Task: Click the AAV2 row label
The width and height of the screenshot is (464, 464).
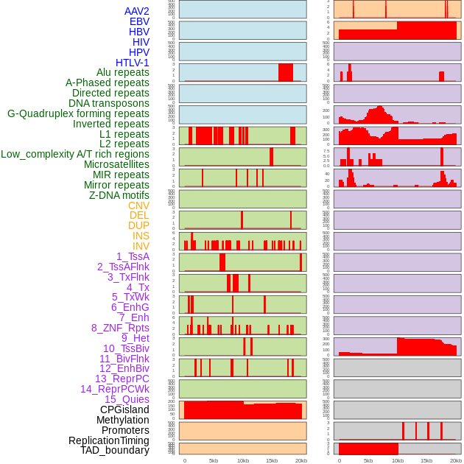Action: pos(136,11)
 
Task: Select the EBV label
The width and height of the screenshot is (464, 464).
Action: pos(139,21)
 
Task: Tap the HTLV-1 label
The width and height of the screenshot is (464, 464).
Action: pos(132,63)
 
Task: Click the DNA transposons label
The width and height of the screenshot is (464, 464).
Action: pos(109,103)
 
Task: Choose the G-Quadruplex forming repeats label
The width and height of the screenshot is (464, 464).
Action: pos(78,113)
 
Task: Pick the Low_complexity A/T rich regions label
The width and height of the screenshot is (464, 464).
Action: pos(75,154)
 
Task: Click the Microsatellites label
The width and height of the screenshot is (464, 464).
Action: pos(116,164)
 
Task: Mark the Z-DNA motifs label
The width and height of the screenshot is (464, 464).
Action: pos(119,195)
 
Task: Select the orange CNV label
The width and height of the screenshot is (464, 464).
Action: pos(138,205)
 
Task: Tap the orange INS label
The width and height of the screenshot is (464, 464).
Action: pos(141,236)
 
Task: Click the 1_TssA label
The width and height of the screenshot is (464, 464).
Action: pos(133,256)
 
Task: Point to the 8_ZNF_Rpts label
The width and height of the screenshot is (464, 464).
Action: pos(120,328)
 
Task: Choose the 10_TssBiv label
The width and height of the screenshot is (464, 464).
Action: pos(126,348)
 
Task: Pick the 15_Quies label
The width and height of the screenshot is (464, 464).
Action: pos(127,399)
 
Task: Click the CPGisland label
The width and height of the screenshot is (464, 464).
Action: pos(124,409)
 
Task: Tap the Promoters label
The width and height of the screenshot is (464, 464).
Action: pos(125,430)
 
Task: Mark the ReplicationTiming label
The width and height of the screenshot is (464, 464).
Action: pos(108,440)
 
